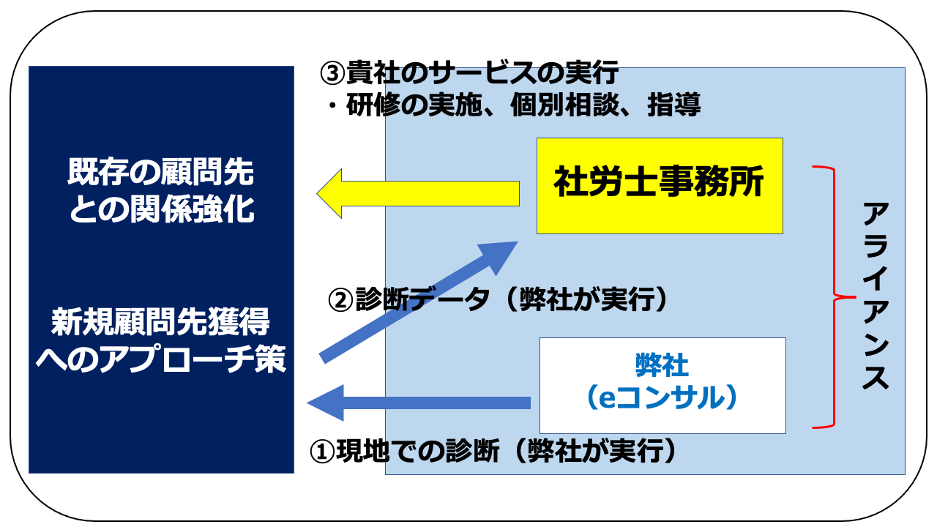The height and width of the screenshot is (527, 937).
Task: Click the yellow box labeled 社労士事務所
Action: coord(660,185)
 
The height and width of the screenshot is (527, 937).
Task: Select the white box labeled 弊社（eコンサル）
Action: coord(662,385)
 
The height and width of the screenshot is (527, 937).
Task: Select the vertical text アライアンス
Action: coord(875,296)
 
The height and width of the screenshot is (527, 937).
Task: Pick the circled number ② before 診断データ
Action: coord(343,300)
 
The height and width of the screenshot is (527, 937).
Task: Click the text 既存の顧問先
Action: coord(161,173)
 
